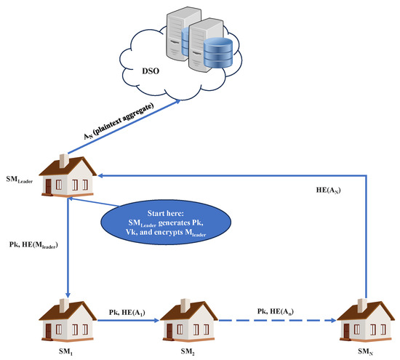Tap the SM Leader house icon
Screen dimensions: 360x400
pyautogui.click(x=66, y=176)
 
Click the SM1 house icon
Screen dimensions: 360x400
pyautogui.click(x=67, y=320)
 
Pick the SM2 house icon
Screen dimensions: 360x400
pyautogui.click(x=188, y=320)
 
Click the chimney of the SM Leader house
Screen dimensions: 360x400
pyautogui.click(x=63, y=157)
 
